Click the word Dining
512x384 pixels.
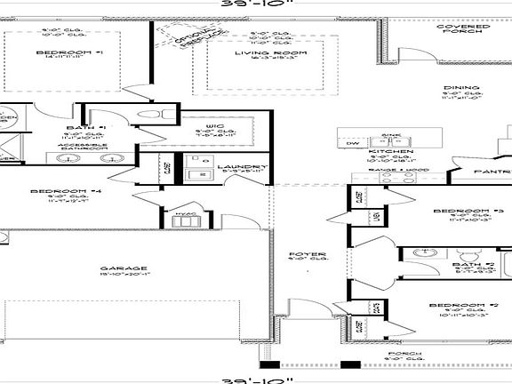(x=460, y=88)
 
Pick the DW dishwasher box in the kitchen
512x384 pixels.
(x=353, y=142)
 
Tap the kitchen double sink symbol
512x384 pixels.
(x=392, y=142)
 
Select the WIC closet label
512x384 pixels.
(x=214, y=127)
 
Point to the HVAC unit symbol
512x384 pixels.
(x=186, y=214)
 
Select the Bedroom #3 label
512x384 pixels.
(x=456, y=211)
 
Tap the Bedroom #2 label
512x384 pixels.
(x=456, y=306)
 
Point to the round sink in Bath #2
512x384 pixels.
(x=420, y=254)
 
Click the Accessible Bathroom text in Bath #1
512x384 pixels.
(x=84, y=145)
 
